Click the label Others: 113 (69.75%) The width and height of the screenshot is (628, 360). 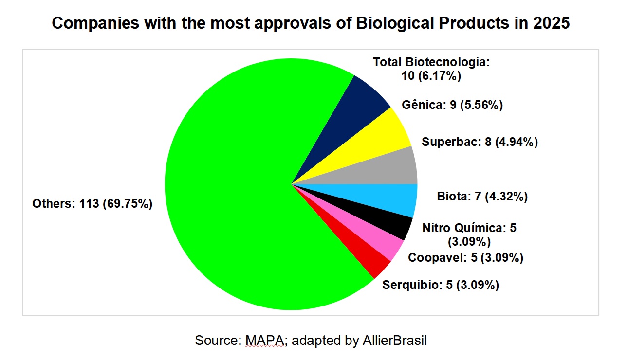click(92, 204)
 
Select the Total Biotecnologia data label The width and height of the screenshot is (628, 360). click(430, 69)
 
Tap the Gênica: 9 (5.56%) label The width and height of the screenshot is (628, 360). click(452, 105)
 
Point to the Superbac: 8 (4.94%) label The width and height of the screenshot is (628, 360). click(480, 143)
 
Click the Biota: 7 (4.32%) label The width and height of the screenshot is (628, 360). click(482, 197)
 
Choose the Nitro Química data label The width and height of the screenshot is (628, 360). click(469, 234)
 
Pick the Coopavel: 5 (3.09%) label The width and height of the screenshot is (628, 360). click(465, 258)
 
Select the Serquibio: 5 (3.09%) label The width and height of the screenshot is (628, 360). click(441, 285)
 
